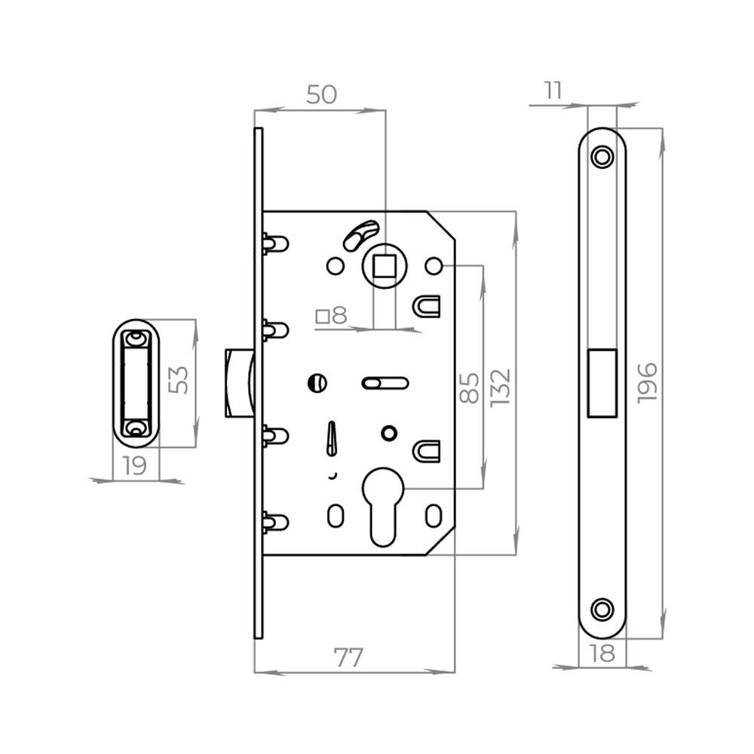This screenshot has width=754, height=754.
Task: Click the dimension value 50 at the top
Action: [x=321, y=95]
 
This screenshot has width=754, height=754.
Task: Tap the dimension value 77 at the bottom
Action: [x=348, y=657]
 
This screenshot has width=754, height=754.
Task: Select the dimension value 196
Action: [x=647, y=382]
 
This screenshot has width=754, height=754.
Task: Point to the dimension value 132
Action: [x=500, y=386]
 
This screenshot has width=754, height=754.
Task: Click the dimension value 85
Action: [x=470, y=386]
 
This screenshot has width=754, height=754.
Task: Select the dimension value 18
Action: [x=602, y=654]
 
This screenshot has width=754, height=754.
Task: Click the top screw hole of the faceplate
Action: [x=602, y=157]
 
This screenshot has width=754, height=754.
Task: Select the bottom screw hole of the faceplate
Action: [x=602, y=608]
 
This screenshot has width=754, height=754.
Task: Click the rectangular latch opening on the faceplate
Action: [x=602, y=382]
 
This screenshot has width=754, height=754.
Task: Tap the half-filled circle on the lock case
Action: [x=317, y=383]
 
